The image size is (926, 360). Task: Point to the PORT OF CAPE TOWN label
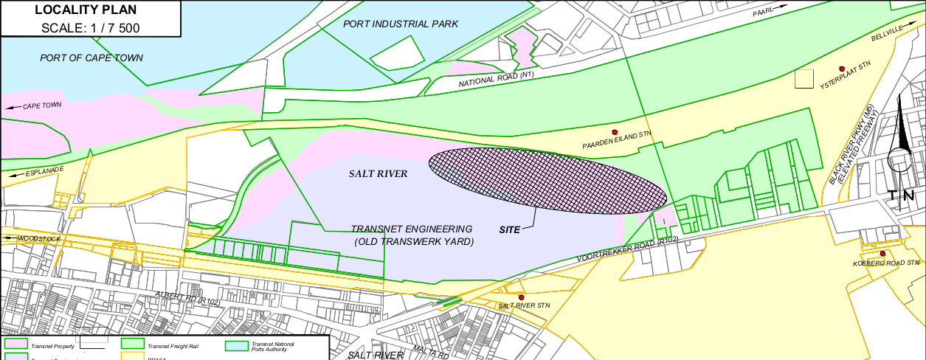(91, 58)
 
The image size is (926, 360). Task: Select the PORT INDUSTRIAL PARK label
(401, 24)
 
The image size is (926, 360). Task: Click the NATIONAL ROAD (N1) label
(495, 79)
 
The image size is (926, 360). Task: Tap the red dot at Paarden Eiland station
(615, 132)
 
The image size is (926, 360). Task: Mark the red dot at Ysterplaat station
(841, 69)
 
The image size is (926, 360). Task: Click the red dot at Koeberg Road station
(882, 253)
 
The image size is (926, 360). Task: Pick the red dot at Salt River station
(521, 297)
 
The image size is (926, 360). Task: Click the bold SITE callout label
(510, 229)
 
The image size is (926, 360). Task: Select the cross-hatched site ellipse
(547, 180)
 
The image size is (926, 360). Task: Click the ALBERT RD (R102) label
(187, 298)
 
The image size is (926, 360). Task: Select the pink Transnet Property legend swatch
(15, 344)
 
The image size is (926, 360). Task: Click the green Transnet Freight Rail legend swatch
(132, 344)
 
